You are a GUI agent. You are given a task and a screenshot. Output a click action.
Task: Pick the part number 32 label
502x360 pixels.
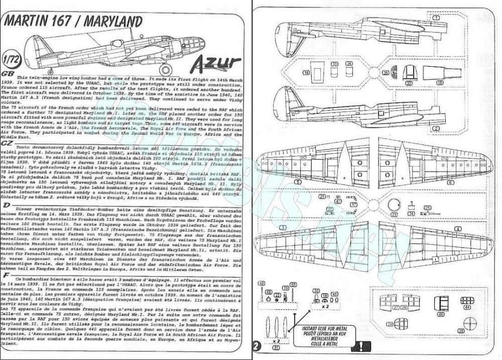click(409, 83)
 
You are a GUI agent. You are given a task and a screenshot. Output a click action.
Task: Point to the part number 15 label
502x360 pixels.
click(440, 82)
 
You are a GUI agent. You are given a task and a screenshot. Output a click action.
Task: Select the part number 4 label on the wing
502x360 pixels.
click(457, 229)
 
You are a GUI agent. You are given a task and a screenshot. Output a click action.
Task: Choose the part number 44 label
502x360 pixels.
click(467, 307)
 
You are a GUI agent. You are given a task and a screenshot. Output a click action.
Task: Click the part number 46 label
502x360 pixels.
click(441, 315)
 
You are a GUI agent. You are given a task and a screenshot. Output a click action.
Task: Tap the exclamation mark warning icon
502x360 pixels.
click(361, 345)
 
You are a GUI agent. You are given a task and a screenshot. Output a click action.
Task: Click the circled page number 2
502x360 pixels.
click(258, 346)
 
